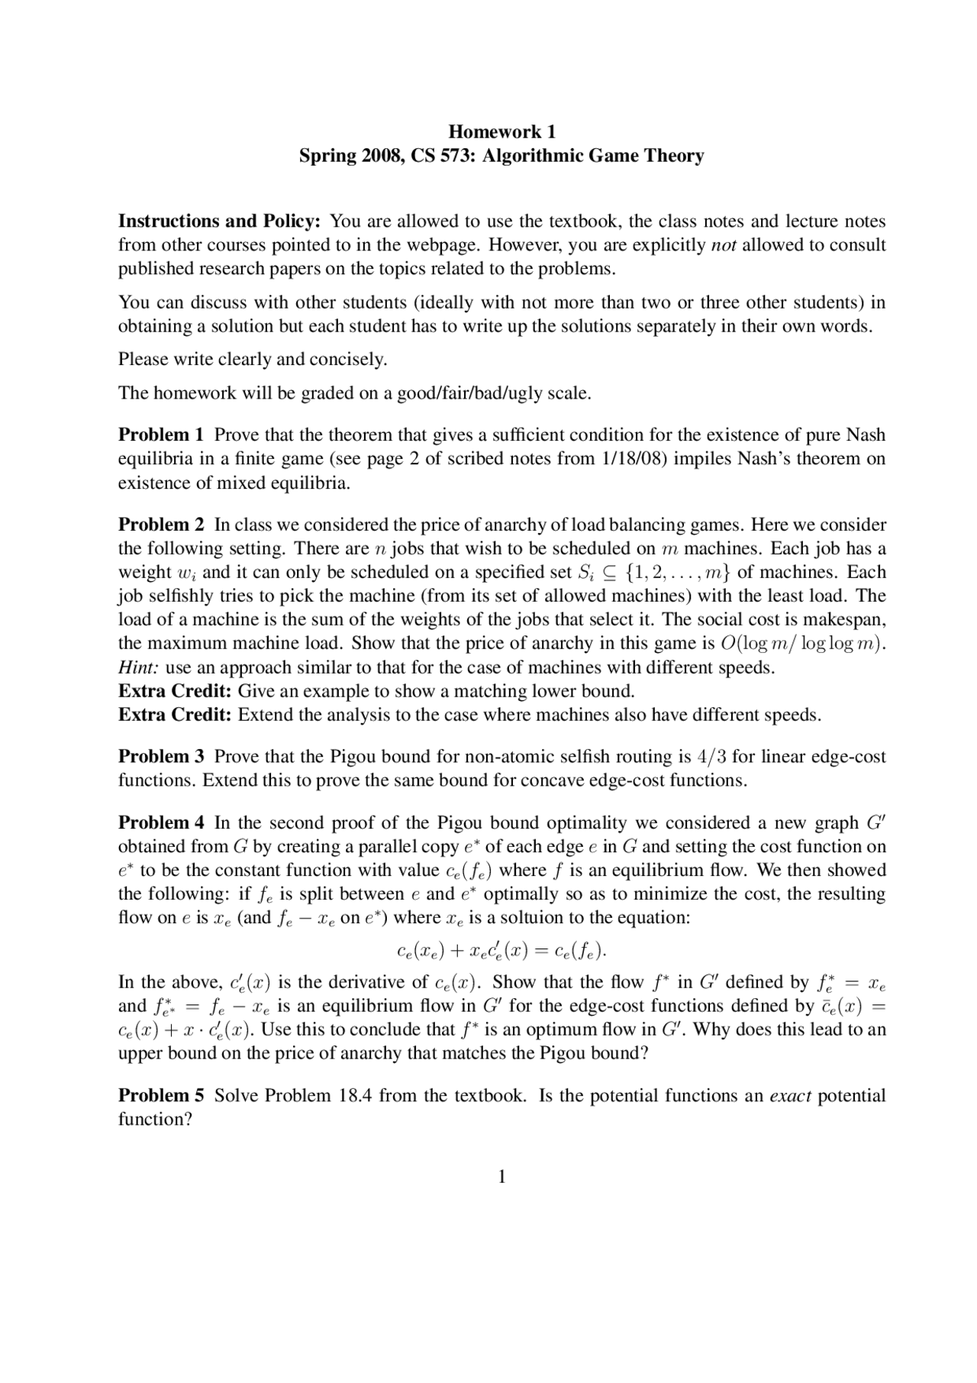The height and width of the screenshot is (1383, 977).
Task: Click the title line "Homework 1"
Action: tap(501, 131)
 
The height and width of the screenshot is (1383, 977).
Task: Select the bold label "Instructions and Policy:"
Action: tap(219, 221)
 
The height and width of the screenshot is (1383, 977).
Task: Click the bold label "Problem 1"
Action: tap(161, 435)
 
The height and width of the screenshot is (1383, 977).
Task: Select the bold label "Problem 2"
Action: tap(161, 525)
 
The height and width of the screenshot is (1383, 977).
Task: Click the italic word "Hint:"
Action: tap(139, 667)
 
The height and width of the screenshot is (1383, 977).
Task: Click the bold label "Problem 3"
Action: tap(161, 757)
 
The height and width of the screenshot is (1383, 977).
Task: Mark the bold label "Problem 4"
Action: tap(161, 822)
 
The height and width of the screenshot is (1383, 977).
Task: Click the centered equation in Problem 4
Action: tap(501, 951)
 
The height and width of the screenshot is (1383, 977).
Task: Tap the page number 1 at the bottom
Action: tap(501, 1177)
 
